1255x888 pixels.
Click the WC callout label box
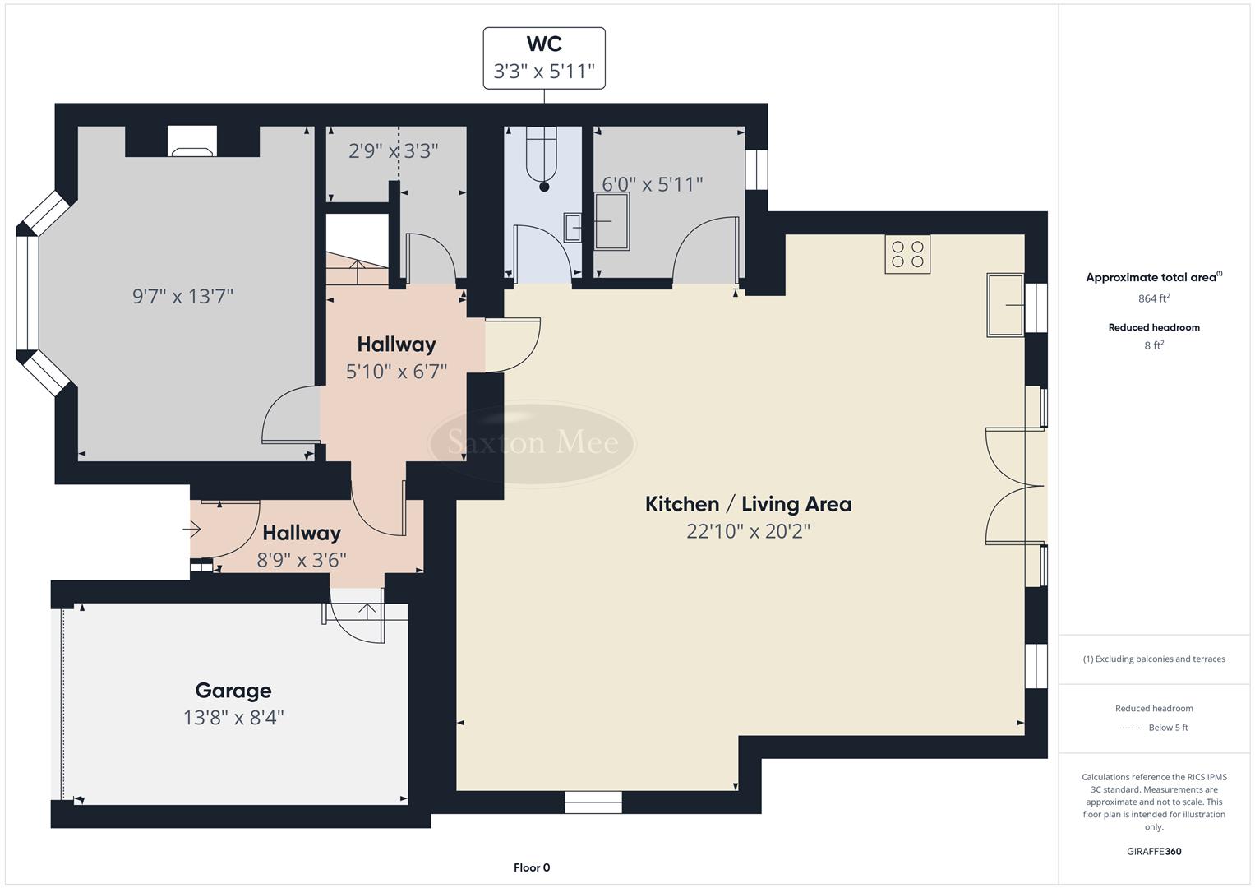tap(544, 58)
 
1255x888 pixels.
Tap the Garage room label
tap(233, 691)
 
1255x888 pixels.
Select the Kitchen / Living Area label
tap(748, 504)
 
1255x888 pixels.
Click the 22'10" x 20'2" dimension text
tap(748, 531)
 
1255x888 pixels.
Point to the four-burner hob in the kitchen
tap(907, 254)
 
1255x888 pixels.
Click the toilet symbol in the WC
tap(542, 155)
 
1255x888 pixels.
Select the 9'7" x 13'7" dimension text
tap(183, 296)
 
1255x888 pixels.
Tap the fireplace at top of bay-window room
tap(191, 141)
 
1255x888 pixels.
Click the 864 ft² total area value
tap(1154, 298)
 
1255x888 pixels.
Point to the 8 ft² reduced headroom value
tap(1154, 345)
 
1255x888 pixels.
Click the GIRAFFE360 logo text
tap(1154, 851)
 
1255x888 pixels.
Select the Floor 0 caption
tap(532, 867)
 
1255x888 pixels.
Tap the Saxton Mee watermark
tap(533, 443)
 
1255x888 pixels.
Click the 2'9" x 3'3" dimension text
tap(393, 151)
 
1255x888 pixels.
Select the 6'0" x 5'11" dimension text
tap(653, 184)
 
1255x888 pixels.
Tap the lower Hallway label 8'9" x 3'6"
tap(302, 546)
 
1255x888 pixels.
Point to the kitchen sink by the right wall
tap(1005, 306)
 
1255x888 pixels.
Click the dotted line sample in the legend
tap(1131, 728)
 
